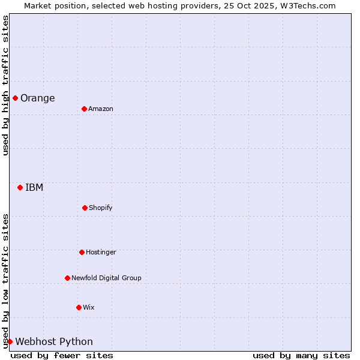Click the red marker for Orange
tap(15, 98)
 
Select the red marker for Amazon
tap(84, 109)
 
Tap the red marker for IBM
tap(20, 187)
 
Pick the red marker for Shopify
tap(85, 208)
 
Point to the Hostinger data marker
tap(82, 252)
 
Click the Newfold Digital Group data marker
tap(67, 278)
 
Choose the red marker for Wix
tap(79, 307)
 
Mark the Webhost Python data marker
tap(10, 341)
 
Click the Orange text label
tap(37, 98)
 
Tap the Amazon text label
tap(100, 109)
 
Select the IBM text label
tap(34, 188)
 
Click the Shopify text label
tap(100, 208)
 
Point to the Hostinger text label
tap(101, 253)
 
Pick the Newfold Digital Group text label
tap(106, 278)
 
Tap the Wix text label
tap(89, 308)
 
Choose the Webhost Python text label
tap(54, 342)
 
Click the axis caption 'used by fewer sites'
tap(62, 356)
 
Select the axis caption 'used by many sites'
tap(301, 356)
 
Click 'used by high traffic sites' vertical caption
tap(5, 85)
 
